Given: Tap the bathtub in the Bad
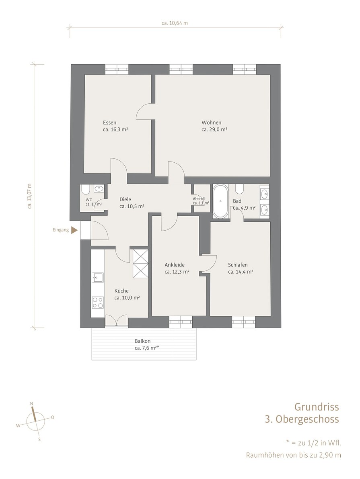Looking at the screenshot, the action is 220,201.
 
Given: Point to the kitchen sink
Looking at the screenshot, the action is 97,278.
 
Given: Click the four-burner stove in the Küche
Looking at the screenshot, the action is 98,303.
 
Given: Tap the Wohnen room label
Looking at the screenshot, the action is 211,123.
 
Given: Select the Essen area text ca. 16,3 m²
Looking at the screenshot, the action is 115,129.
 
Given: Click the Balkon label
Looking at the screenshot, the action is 142,341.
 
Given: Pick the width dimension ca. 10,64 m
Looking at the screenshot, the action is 175,23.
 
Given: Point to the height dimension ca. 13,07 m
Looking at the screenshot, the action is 29,196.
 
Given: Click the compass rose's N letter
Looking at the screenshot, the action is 31,403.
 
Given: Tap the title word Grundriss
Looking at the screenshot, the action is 317,407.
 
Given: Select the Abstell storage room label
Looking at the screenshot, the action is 199,199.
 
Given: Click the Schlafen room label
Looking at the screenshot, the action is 238,265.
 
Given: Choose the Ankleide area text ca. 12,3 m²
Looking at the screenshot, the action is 177,272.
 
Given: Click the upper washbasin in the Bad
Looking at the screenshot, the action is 265,193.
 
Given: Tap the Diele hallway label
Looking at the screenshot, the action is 125,199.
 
